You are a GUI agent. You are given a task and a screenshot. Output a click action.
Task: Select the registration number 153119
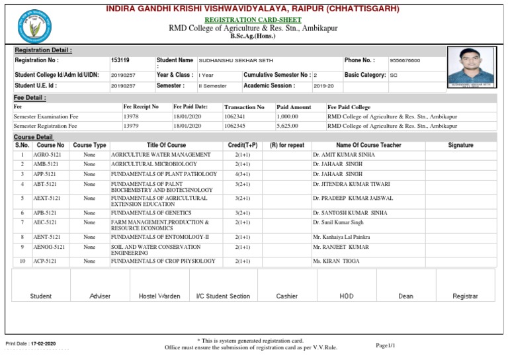tap(120, 60)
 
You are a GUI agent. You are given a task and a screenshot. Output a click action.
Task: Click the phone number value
tap(405, 60)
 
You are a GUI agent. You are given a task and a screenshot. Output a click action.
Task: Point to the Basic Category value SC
tap(394, 75)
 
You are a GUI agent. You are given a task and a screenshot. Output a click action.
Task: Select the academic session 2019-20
tap(324, 86)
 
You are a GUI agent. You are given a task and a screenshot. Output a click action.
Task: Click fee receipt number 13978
tap(131, 116)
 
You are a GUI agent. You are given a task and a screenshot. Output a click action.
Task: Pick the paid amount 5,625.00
tap(287, 125)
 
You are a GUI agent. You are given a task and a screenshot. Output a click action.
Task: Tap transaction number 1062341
tap(235, 116)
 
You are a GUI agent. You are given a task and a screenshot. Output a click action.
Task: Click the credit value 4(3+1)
tap(242, 174)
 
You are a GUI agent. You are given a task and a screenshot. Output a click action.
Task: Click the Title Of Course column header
tap(166, 145)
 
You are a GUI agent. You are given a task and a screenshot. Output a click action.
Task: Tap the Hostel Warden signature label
tap(159, 296)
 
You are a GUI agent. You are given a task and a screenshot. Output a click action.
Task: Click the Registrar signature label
tap(464, 296)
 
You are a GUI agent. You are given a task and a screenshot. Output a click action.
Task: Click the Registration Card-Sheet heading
tap(253, 21)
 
